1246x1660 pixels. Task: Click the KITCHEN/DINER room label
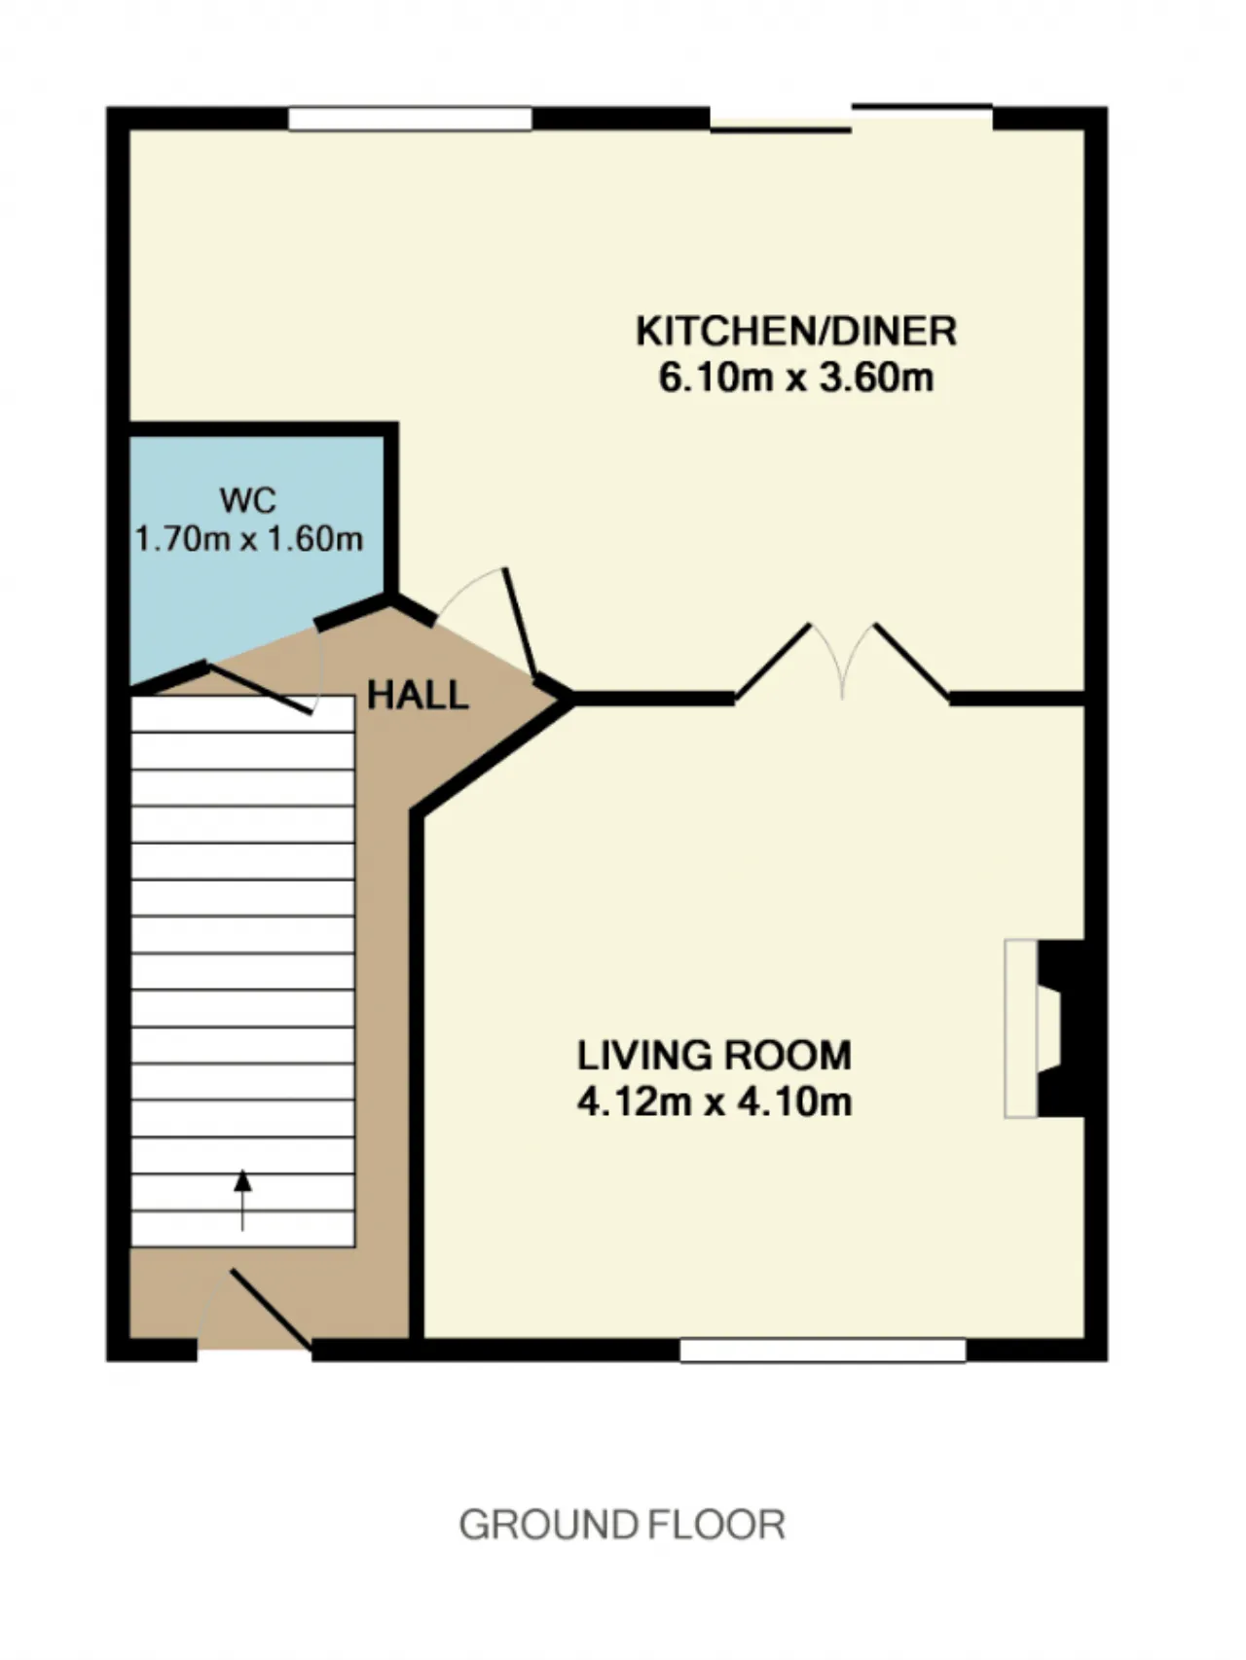pyautogui.click(x=796, y=332)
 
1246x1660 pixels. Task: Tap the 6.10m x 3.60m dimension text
pyautogui.click(x=796, y=378)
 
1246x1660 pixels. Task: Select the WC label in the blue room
pyautogui.click(x=248, y=500)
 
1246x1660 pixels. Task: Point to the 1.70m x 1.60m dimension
pyautogui.click(x=249, y=538)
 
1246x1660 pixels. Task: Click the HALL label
pyautogui.click(x=418, y=695)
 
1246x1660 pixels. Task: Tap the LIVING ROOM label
pyautogui.click(x=715, y=1056)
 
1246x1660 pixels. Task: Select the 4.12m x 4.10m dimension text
pyautogui.click(x=715, y=1101)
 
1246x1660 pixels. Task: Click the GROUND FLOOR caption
pyautogui.click(x=622, y=1525)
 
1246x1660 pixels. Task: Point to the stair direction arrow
pyautogui.click(x=242, y=1200)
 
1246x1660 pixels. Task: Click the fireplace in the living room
pyautogui.click(x=1044, y=1028)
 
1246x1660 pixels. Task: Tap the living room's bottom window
pyautogui.click(x=823, y=1350)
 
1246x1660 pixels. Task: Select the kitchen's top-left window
pyautogui.click(x=410, y=119)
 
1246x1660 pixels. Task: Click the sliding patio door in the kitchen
pyautogui.click(x=852, y=117)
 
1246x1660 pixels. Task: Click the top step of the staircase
pyautogui.click(x=242, y=714)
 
